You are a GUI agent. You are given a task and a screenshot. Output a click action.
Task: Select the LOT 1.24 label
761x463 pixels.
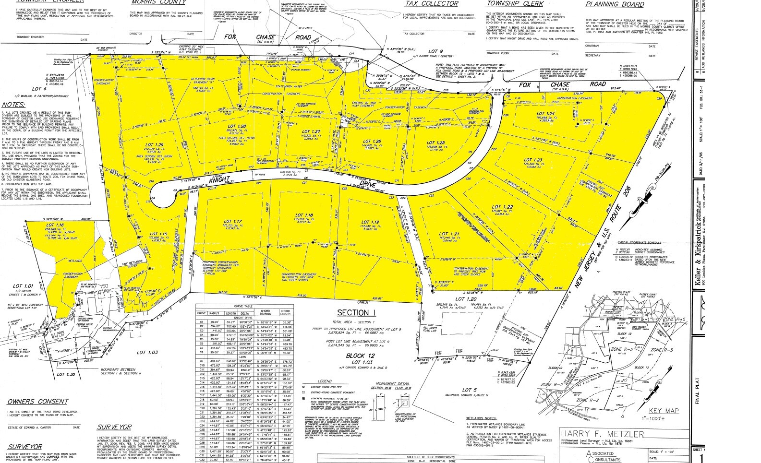(x=546, y=114)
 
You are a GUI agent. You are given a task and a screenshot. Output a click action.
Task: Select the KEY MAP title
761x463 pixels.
(x=664, y=411)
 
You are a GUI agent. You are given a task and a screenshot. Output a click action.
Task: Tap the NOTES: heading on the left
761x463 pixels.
(x=14, y=105)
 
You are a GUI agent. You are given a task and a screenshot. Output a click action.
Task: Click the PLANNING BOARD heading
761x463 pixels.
(x=615, y=4)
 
